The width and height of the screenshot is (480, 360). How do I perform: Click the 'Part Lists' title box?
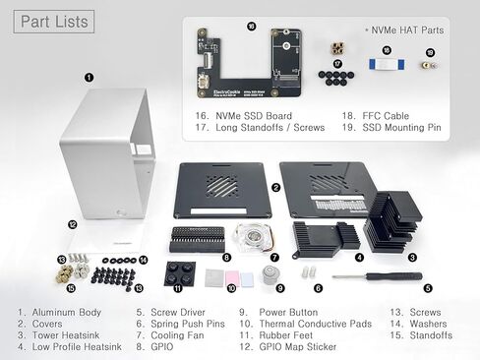[x=53, y=21]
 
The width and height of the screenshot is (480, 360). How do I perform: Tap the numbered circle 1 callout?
[x=89, y=76]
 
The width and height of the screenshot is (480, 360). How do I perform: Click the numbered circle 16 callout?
[x=252, y=27]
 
